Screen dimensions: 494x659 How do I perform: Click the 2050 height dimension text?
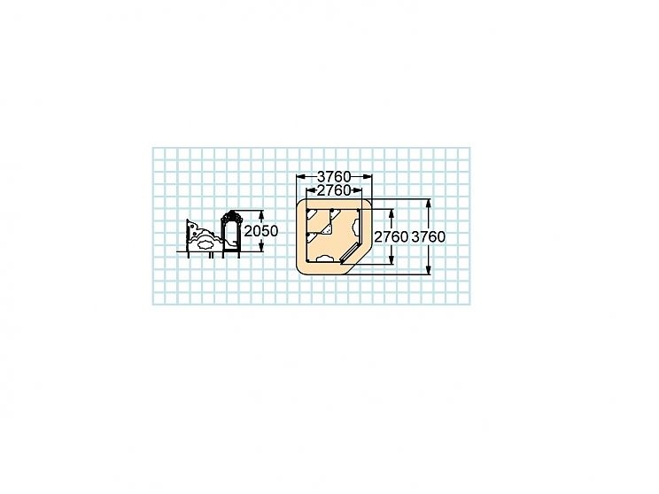coord(261,231)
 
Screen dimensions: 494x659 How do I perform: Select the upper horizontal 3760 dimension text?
coord(335,176)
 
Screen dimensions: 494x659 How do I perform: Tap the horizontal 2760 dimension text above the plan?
coord(334,190)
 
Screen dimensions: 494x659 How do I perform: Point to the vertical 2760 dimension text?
coord(391,237)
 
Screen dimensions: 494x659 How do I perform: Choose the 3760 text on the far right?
coord(428,237)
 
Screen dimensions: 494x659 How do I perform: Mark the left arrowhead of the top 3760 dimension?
coord(298,176)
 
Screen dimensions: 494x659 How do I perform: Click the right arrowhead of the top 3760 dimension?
coord(370,176)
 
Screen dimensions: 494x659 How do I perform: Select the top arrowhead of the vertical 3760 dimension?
coord(429,203)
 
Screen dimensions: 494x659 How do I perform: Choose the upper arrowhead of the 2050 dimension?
coord(261,213)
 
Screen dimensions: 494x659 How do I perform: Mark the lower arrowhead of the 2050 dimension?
coord(261,250)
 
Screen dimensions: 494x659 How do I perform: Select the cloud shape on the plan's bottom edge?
coord(325,258)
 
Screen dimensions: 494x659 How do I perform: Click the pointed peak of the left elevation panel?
coord(189,221)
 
